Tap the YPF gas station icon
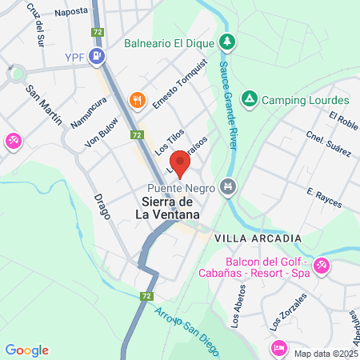(98, 56)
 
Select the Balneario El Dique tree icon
(228, 42)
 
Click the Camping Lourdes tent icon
(249, 99)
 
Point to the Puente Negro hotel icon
(229, 186)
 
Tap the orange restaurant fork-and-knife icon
(138, 100)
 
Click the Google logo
(26, 350)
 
